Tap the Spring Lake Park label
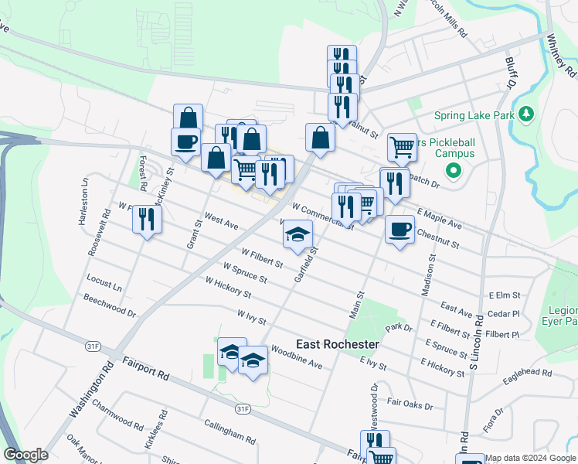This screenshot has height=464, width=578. [474, 116]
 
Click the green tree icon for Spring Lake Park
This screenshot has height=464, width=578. [527, 115]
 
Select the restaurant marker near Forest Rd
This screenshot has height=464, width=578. [146, 220]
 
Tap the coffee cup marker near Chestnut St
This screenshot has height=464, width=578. [399, 230]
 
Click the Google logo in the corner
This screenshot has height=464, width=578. [25, 455]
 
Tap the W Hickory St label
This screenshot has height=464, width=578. [228, 288]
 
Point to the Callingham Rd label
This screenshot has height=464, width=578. [229, 432]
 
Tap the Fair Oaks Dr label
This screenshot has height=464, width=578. [410, 404]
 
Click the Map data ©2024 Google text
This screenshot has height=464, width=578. [530, 458]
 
